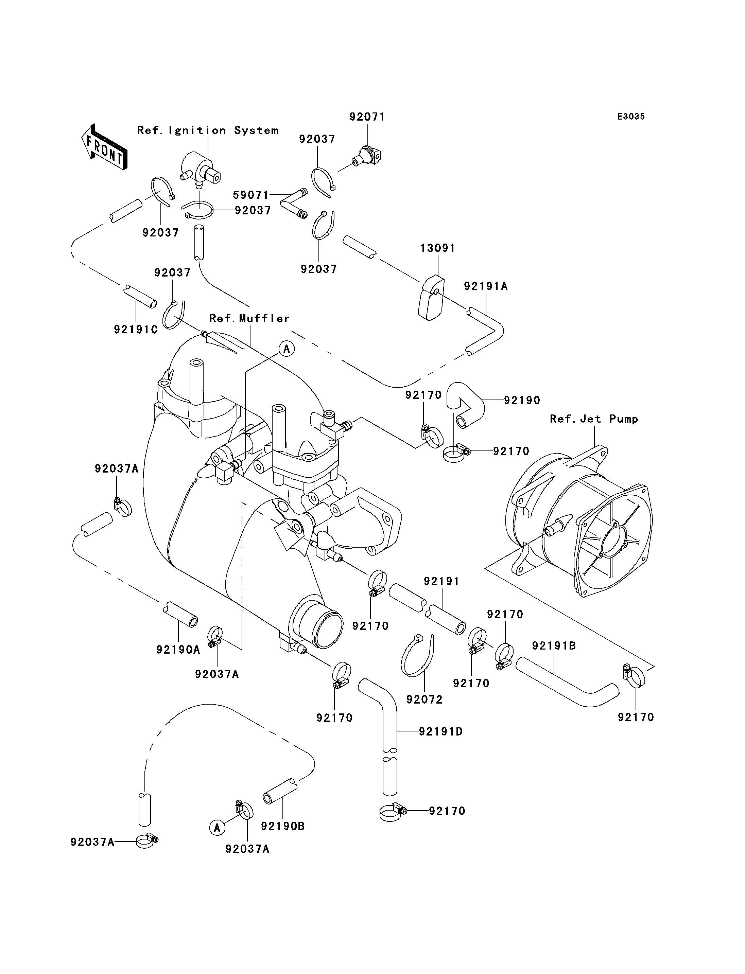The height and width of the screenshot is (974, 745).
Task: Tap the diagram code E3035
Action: click(631, 117)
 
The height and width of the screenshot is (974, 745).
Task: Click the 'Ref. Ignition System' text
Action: click(208, 130)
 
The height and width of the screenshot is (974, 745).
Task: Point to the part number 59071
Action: click(251, 195)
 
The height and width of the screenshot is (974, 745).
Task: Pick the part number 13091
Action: click(438, 248)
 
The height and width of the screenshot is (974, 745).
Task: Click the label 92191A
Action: click(486, 286)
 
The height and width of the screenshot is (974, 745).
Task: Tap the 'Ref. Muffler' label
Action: click(250, 318)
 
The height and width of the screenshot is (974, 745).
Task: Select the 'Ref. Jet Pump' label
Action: click(594, 419)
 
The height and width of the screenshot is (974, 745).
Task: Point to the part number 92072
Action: click(425, 699)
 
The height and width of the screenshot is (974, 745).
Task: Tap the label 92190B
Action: click(283, 826)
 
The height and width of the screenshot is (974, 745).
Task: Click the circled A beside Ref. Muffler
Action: click(287, 349)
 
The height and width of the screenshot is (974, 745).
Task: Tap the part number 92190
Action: click(522, 400)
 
